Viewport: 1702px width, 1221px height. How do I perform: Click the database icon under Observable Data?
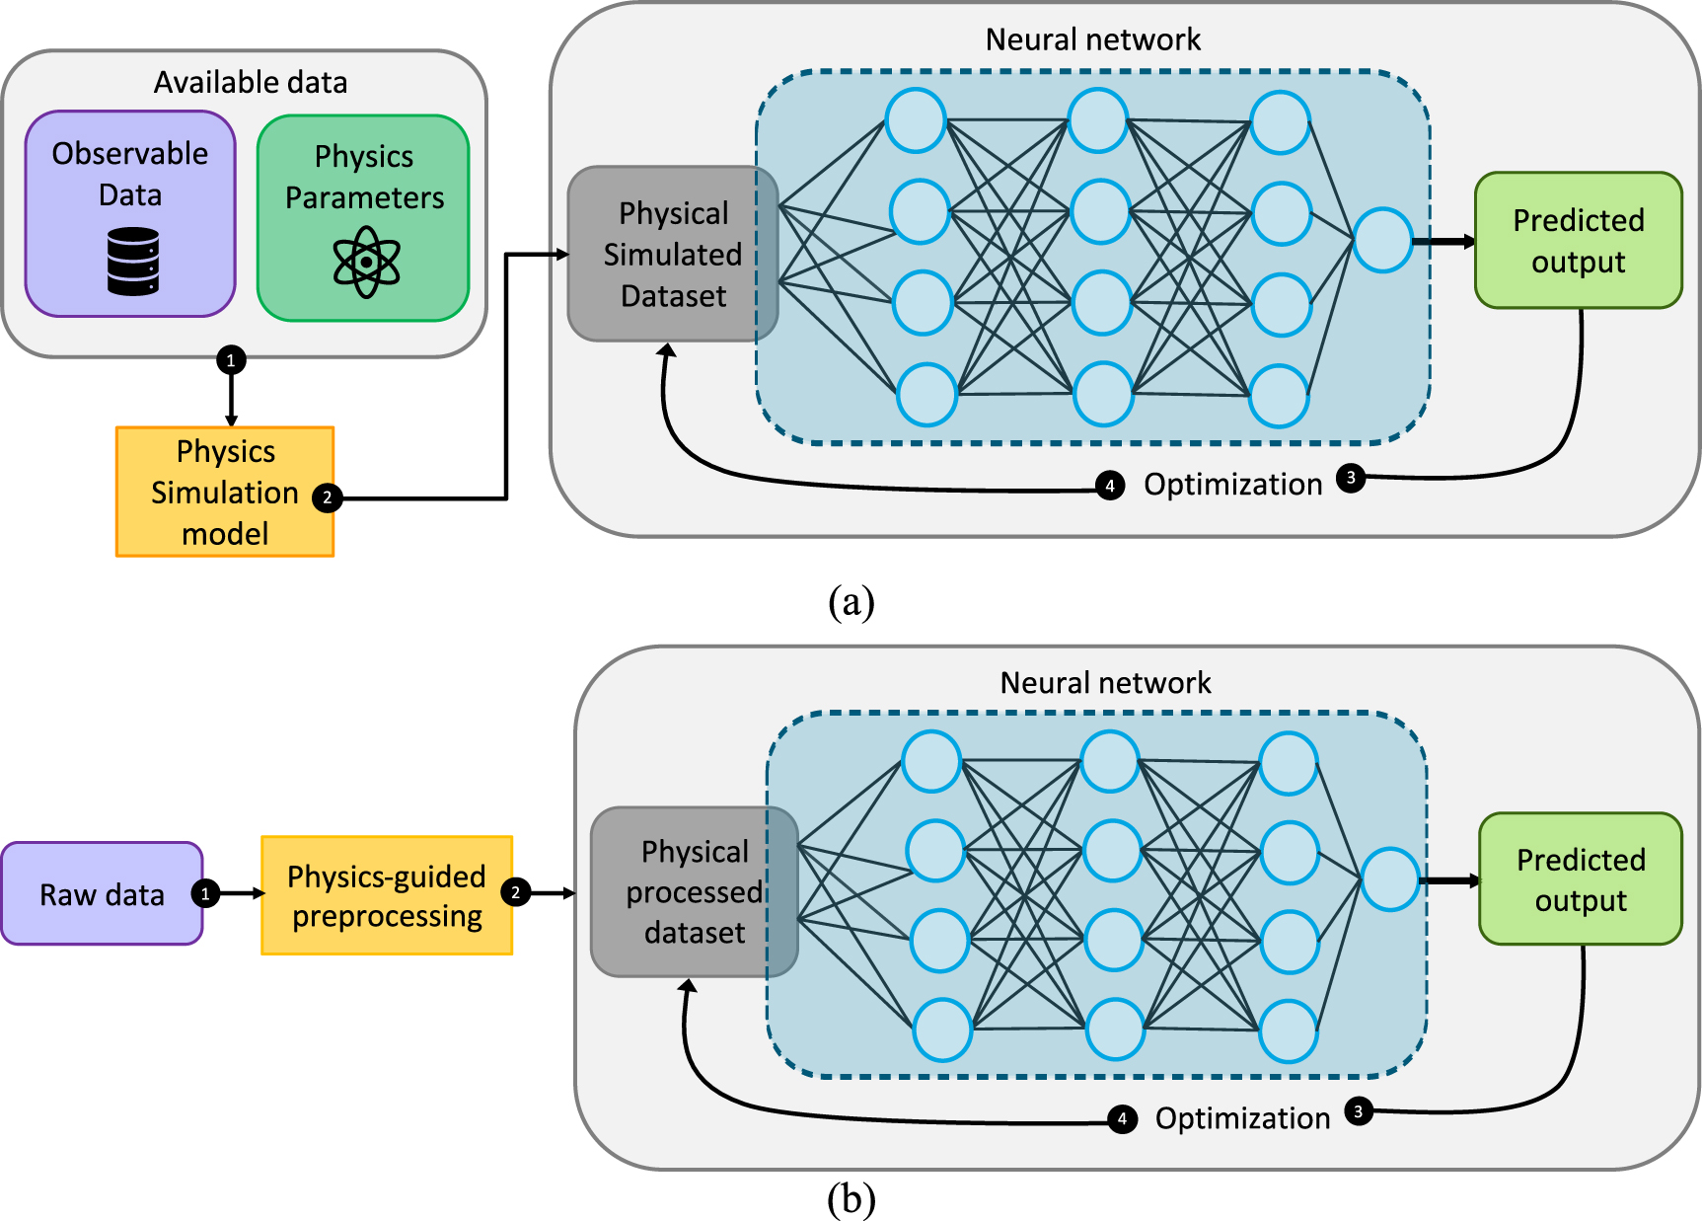pos(132,261)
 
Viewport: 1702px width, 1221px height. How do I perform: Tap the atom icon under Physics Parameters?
pos(366,262)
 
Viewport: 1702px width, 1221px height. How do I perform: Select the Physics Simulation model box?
pos(225,492)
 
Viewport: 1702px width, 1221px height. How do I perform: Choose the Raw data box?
pos(102,894)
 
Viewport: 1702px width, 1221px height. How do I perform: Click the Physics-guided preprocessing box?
pos(387,895)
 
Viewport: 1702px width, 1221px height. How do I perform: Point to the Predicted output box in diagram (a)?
pos(1578,241)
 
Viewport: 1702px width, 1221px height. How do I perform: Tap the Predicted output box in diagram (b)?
pos(1581,879)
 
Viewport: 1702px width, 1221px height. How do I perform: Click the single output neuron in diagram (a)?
pos(1382,240)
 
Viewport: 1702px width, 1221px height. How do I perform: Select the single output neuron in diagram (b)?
pos(1389,879)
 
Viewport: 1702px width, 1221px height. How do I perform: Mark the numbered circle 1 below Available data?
pos(231,360)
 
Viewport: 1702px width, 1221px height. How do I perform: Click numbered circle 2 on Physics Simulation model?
pos(327,497)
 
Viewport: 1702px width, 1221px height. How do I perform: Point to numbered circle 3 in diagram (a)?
pos(1351,478)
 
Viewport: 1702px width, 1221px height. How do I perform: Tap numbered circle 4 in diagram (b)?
pos(1121,1118)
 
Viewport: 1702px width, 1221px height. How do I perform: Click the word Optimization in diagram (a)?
pos(1232,485)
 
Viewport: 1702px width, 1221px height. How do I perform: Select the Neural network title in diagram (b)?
pos(1105,683)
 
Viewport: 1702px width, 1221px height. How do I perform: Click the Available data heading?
pos(251,83)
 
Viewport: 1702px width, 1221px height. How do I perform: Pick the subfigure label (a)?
pos(851,601)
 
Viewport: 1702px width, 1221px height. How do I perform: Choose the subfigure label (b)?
pos(851,1199)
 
